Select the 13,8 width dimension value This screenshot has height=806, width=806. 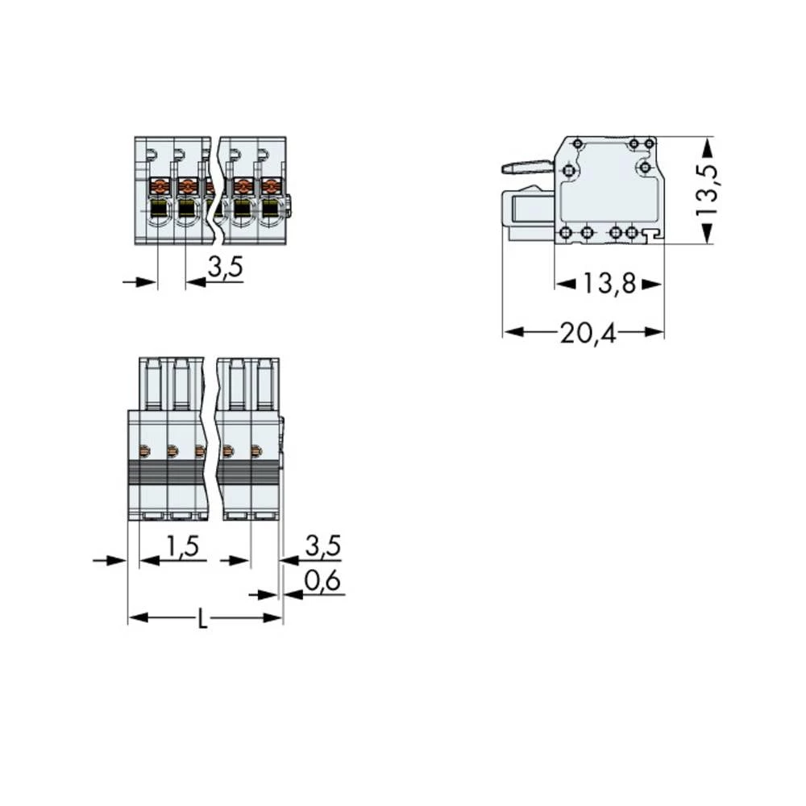[x=609, y=283]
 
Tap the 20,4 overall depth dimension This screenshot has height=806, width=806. [x=588, y=332]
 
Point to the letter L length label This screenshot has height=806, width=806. [x=203, y=620]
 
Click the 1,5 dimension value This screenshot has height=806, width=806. [x=181, y=547]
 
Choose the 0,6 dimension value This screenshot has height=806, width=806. [x=322, y=582]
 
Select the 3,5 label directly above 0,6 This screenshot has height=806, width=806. [x=322, y=547]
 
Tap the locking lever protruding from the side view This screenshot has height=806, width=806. [x=526, y=168]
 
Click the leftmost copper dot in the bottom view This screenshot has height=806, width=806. [x=146, y=450]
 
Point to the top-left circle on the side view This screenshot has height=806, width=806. [x=578, y=143]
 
